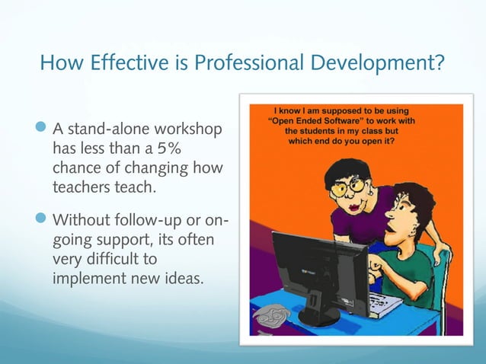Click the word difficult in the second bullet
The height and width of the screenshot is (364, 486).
point(120,260)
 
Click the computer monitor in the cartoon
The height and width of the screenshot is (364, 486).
point(309,263)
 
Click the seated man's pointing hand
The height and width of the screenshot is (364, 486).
point(376,267)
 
